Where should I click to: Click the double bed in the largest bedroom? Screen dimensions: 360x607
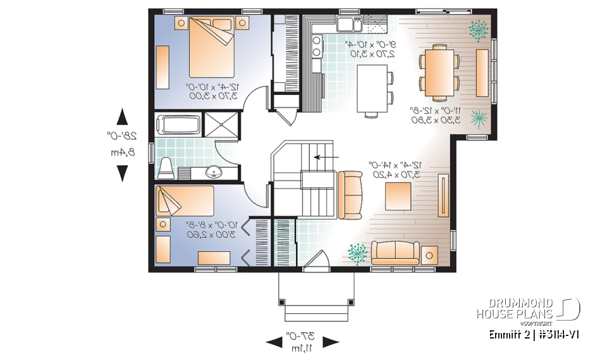tap(211, 47)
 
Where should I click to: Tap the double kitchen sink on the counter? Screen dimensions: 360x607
tap(348, 25)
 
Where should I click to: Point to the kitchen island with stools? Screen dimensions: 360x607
tap(369, 88)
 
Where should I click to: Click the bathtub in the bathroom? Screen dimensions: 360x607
tap(178, 124)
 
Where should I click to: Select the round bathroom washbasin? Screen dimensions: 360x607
tap(214, 171)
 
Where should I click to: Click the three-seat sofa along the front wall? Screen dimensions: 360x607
tap(396, 253)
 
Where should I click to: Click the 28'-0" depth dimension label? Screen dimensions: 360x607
tap(121, 135)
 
